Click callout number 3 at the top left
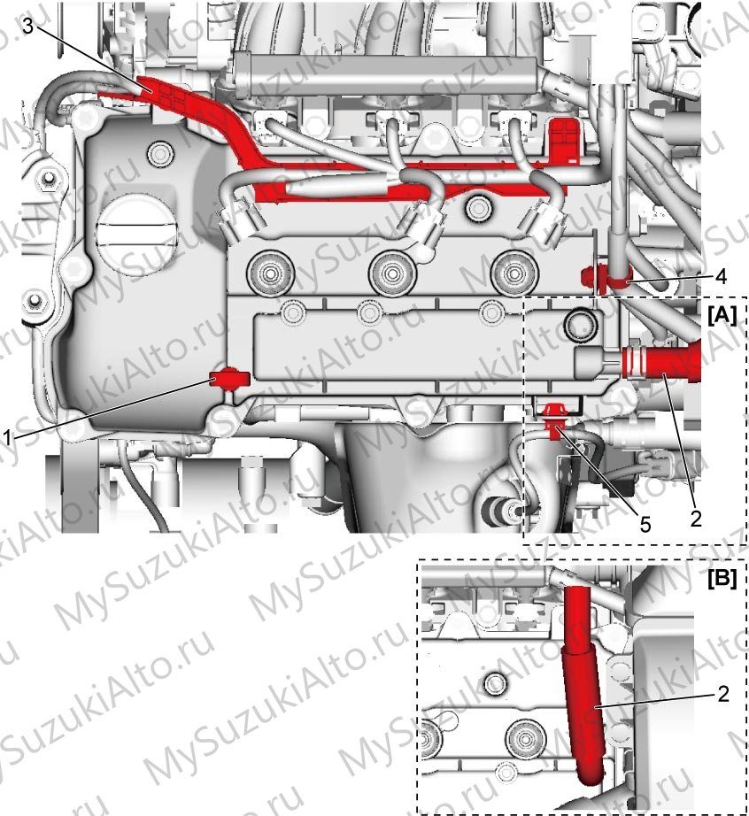[x=27, y=26]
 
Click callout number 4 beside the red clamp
[x=721, y=277]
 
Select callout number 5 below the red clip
[x=645, y=525]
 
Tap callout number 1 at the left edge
[x=6, y=439]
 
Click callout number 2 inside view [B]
[x=723, y=694]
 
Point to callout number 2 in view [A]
[x=696, y=518]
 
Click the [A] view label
[x=722, y=315]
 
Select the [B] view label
[x=722, y=578]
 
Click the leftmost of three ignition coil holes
[x=270, y=273]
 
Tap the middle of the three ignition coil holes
[x=392, y=273]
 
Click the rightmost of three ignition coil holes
[x=513, y=273]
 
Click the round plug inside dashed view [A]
[x=581, y=326]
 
